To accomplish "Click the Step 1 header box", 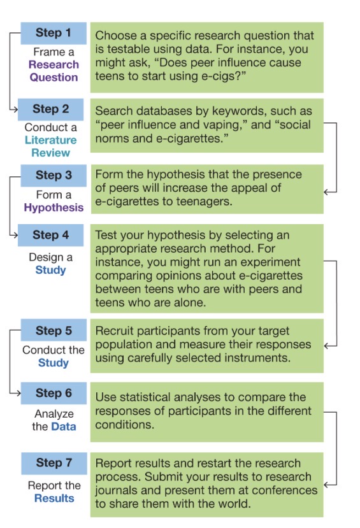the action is (54, 33).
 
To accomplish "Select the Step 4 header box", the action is (50, 235).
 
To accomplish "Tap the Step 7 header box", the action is (54, 463).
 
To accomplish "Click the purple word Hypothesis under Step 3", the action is (54, 208).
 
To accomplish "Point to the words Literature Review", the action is (50, 146).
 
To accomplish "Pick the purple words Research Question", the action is (54, 71).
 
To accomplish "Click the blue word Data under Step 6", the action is (64, 427).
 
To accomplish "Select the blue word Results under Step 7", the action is (54, 498).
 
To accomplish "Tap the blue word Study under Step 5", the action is (54, 363).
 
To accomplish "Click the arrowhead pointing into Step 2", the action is (15, 109).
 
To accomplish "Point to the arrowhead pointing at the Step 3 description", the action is (326, 192).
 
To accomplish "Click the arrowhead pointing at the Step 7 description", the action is (326, 485).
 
